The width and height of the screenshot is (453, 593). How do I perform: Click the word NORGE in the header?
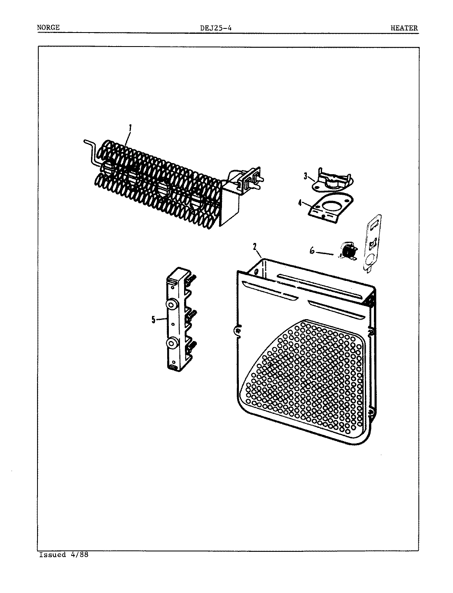click(48, 28)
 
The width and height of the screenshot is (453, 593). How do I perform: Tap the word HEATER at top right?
click(404, 28)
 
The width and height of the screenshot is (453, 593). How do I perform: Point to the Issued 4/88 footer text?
click(64, 555)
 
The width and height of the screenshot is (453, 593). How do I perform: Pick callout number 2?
click(255, 247)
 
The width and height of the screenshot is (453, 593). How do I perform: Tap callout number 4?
click(300, 202)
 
